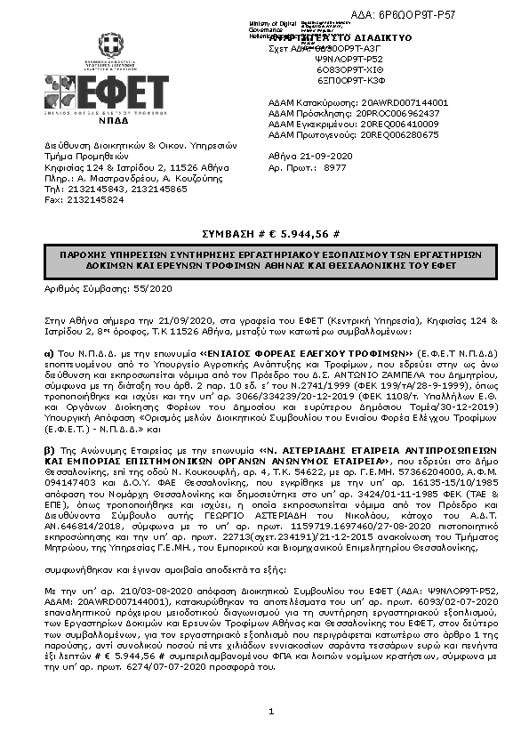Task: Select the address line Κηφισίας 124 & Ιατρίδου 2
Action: [x=130, y=166]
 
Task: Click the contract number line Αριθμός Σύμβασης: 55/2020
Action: [x=108, y=289]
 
